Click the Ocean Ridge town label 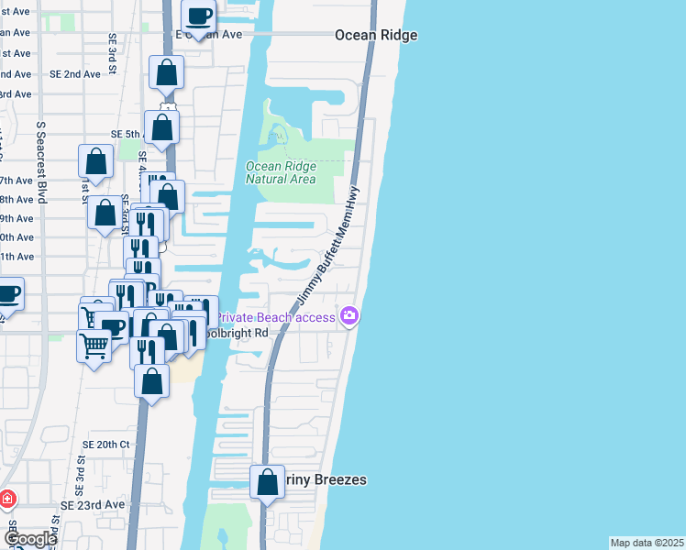point(376,35)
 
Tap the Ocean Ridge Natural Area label point(281,172)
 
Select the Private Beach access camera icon point(349,317)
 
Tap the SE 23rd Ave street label point(93,505)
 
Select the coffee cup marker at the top point(198,16)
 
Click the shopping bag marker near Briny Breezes point(267,483)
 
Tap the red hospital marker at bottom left point(6,500)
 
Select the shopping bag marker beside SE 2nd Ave point(167,72)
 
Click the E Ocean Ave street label point(209,35)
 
